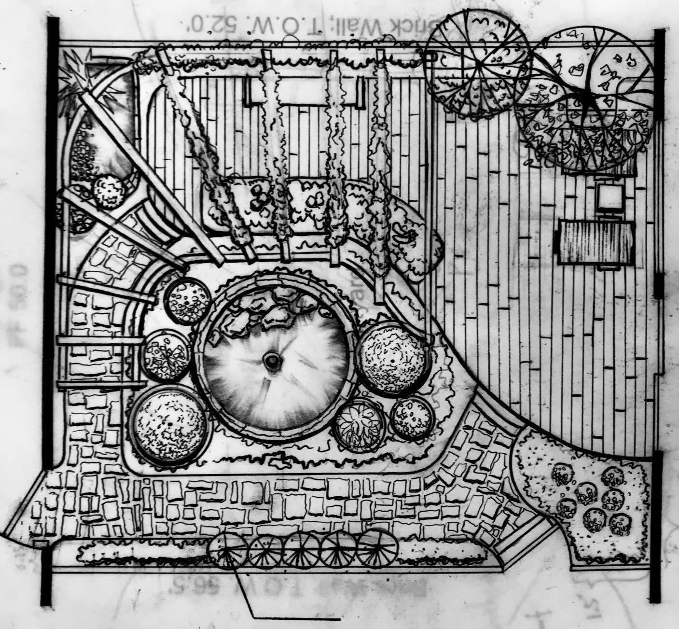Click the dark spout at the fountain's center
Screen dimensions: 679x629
point(272,360)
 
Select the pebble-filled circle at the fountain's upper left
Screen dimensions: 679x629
point(187,303)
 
